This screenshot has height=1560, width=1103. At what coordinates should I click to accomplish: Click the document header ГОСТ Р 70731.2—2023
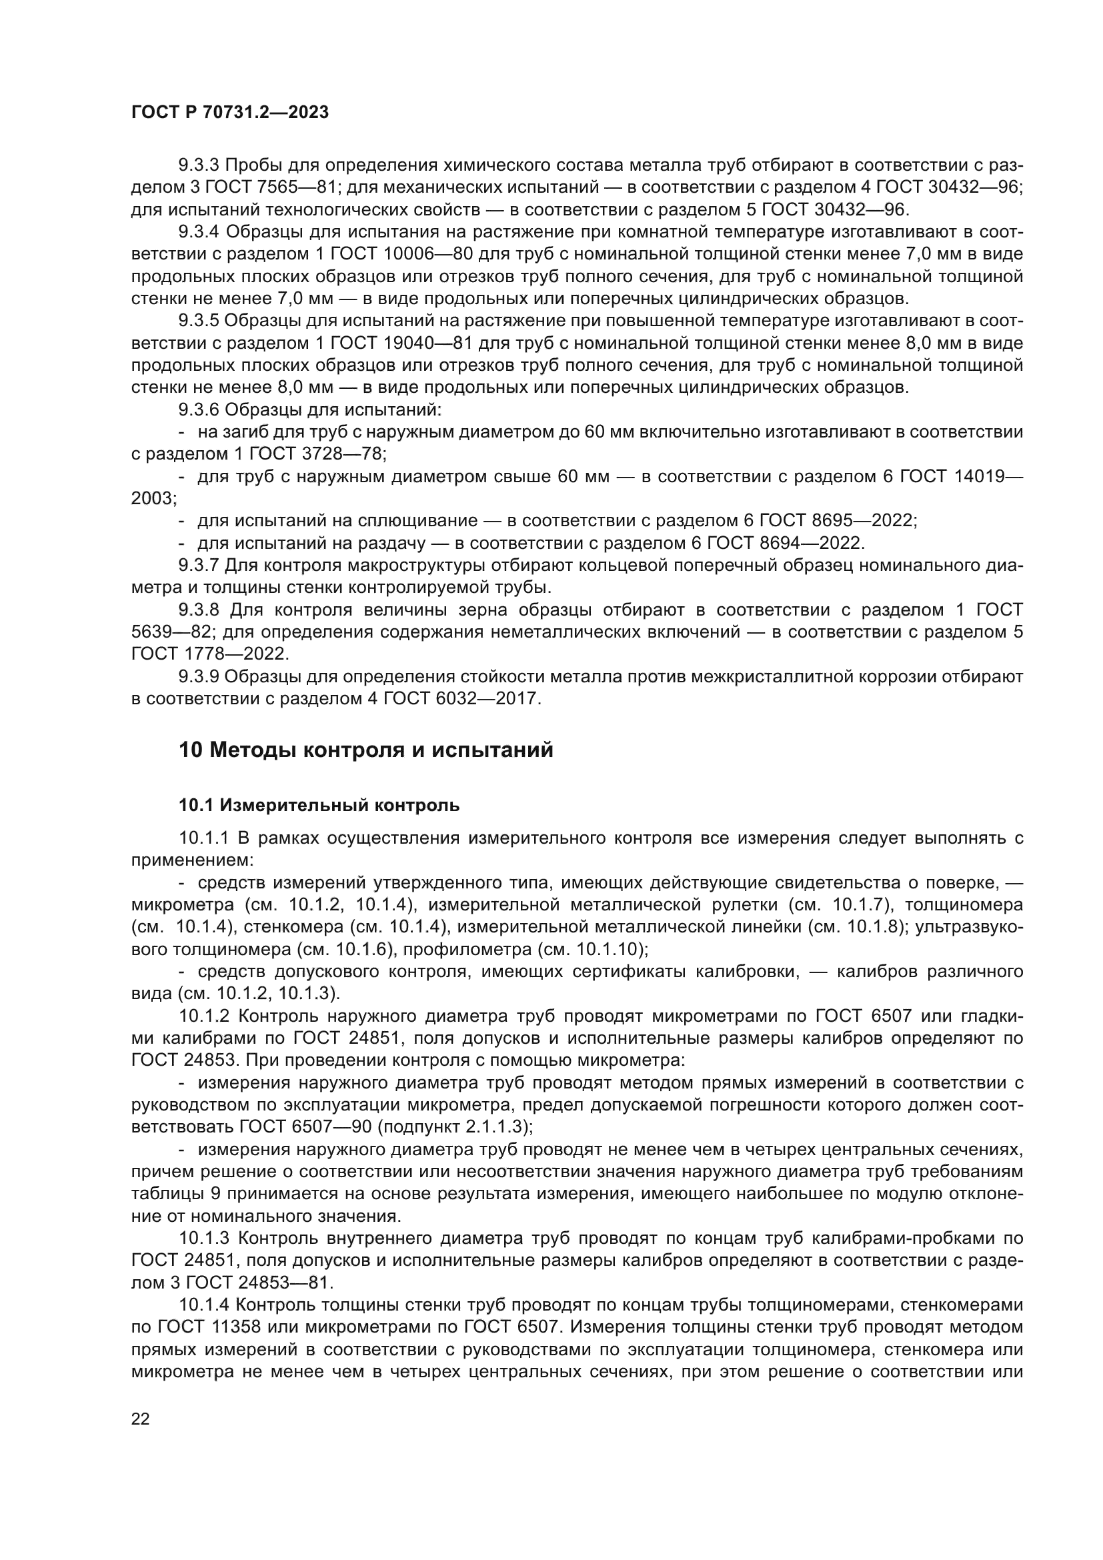(229, 113)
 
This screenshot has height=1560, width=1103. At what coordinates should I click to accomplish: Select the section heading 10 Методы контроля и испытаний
(366, 750)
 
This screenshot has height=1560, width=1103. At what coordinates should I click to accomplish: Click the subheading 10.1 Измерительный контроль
(319, 806)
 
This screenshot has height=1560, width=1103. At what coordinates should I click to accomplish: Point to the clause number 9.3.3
(198, 165)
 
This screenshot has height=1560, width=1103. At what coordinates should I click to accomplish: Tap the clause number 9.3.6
(198, 410)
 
